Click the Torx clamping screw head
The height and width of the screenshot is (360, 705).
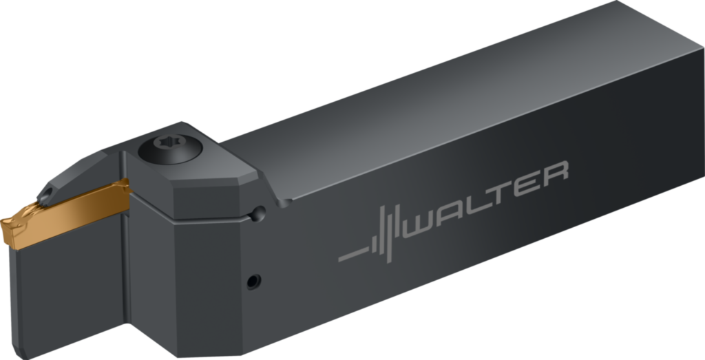click(170, 148)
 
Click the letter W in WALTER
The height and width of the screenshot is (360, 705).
click(421, 224)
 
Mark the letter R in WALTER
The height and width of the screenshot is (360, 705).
click(556, 174)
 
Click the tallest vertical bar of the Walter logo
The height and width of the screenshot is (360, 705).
click(389, 235)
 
